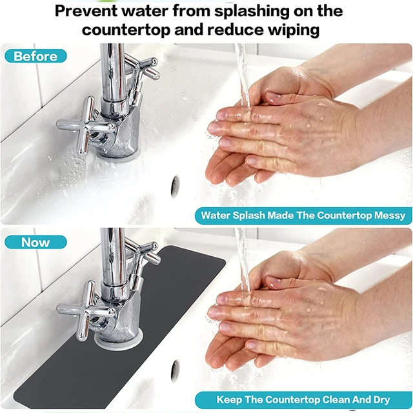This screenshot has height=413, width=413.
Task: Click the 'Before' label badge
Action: point(35,56)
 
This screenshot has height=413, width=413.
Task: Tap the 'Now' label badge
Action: point(35,243)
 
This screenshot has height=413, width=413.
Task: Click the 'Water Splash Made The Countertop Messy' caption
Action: point(303,216)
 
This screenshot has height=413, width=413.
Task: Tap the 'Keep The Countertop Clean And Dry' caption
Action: point(303,400)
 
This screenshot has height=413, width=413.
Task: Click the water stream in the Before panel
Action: point(243,71)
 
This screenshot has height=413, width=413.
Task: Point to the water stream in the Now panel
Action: point(243,258)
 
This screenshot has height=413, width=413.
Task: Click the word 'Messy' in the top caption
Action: point(388,216)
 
